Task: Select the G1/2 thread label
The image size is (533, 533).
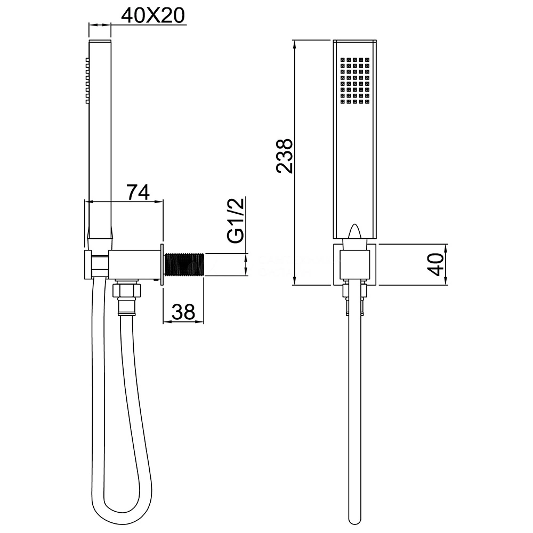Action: pyautogui.click(x=236, y=221)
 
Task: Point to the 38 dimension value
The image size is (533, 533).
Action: pyautogui.click(x=183, y=312)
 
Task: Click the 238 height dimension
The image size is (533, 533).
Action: pyautogui.click(x=284, y=156)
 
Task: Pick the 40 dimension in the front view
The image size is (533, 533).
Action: pyautogui.click(x=435, y=264)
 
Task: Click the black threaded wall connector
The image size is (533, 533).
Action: pyautogui.click(x=184, y=265)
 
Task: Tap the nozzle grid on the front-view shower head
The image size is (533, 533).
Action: pyautogui.click(x=355, y=80)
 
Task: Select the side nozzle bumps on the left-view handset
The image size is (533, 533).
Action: pyautogui.click(x=87, y=80)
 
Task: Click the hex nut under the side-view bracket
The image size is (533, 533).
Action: pyautogui.click(x=126, y=289)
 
